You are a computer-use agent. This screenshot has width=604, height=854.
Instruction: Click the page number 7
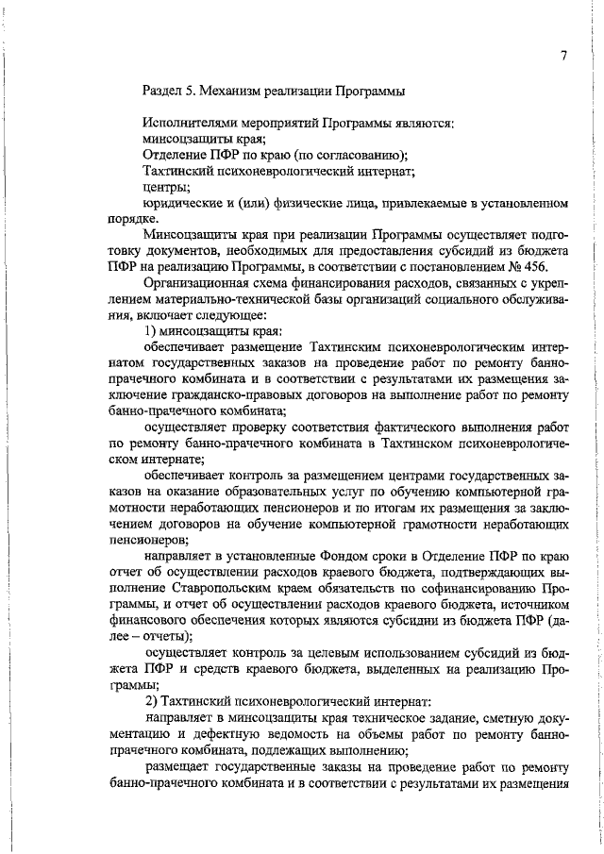point(562,57)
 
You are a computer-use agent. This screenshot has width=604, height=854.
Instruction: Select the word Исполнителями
point(190,123)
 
